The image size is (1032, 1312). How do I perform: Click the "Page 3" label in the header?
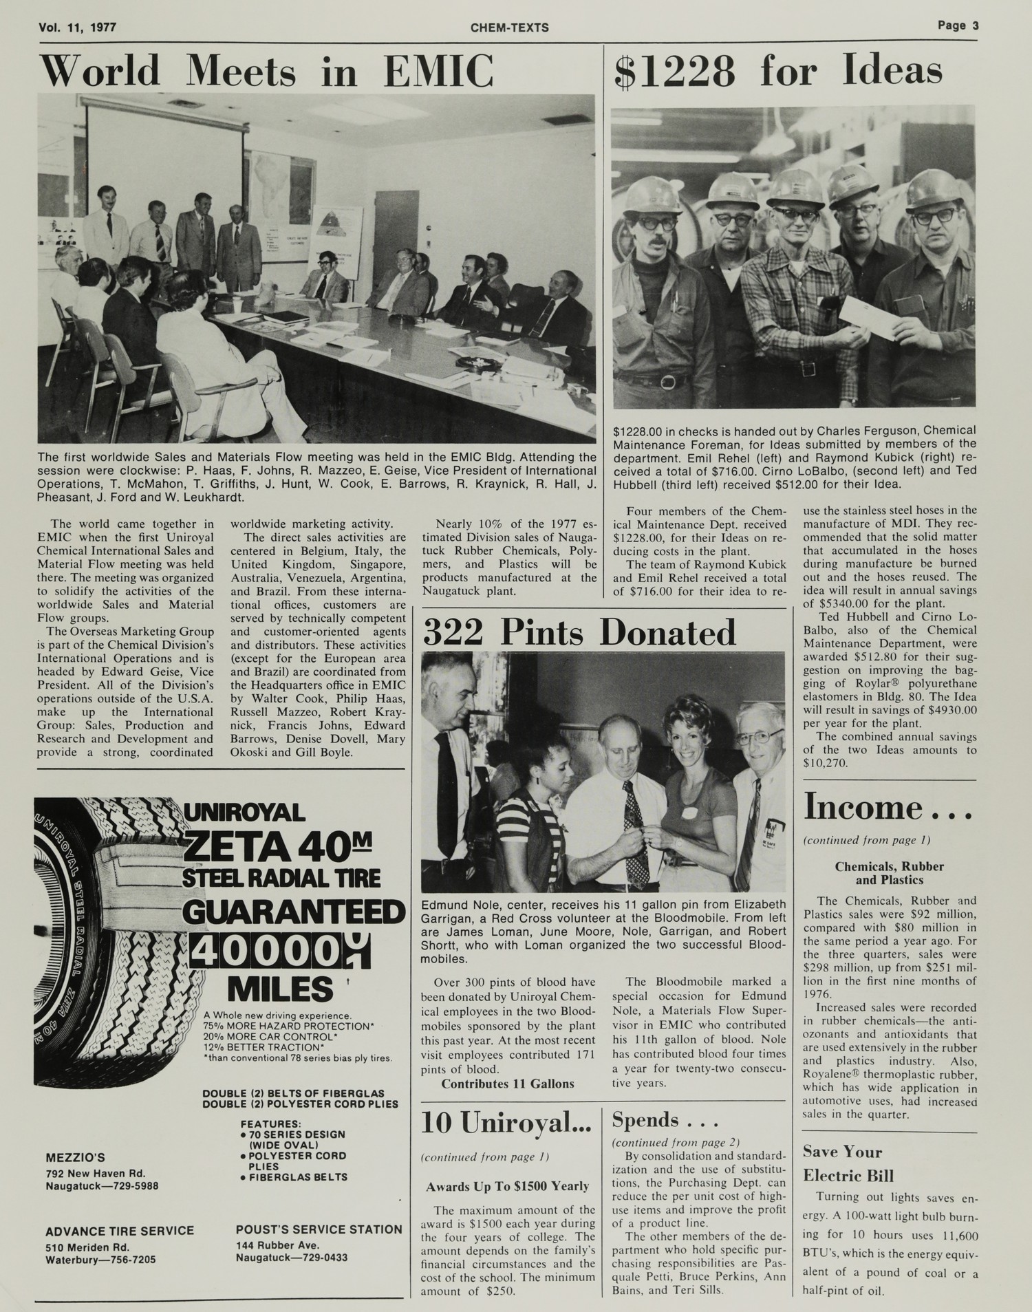pyautogui.click(x=957, y=26)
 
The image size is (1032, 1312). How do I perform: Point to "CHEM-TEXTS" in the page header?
pyautogui.click(x=510, y=28)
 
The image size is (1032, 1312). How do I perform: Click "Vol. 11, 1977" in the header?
pyautogui.click(x=78, y=28)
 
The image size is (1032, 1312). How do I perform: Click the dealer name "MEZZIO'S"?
pyautogui.click(x=75, y=1158)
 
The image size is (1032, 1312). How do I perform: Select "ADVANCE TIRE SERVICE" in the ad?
pyautogui.click(x=120, y=1232)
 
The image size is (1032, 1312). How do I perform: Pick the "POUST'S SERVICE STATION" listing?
pyautogui.click(x=319, y=1229)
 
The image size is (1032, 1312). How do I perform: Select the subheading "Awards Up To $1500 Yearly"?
pyautogui.click(x=507, y=1186)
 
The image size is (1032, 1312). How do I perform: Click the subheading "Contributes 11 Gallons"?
pyautogui.click(x=507, y=1084)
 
